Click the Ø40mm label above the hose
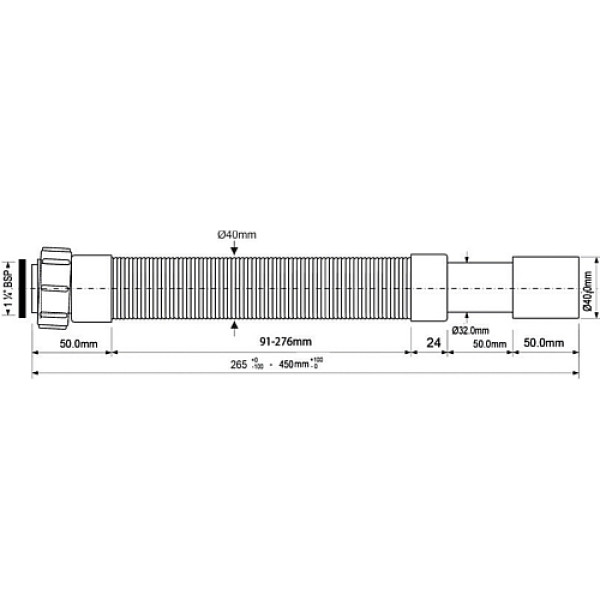(x=237, y=234)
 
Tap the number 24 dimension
(x=433, y=343)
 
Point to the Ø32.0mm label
(x=469, y=330)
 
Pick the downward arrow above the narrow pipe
(x=466, y=256)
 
